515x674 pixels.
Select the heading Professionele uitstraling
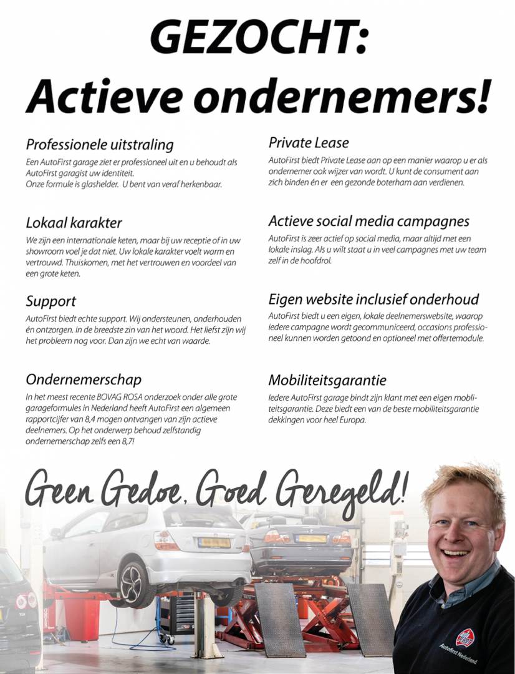100,145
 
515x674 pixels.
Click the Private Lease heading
309,142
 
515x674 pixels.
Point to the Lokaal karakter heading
74,223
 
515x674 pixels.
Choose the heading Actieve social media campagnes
368,221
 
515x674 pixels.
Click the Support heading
51,301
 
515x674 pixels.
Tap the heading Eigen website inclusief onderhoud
373,299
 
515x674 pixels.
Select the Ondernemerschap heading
84,379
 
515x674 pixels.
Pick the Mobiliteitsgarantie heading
327,380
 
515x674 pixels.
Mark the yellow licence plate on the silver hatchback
214,542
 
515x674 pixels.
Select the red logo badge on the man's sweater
464,637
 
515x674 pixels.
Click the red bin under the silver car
82,618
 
